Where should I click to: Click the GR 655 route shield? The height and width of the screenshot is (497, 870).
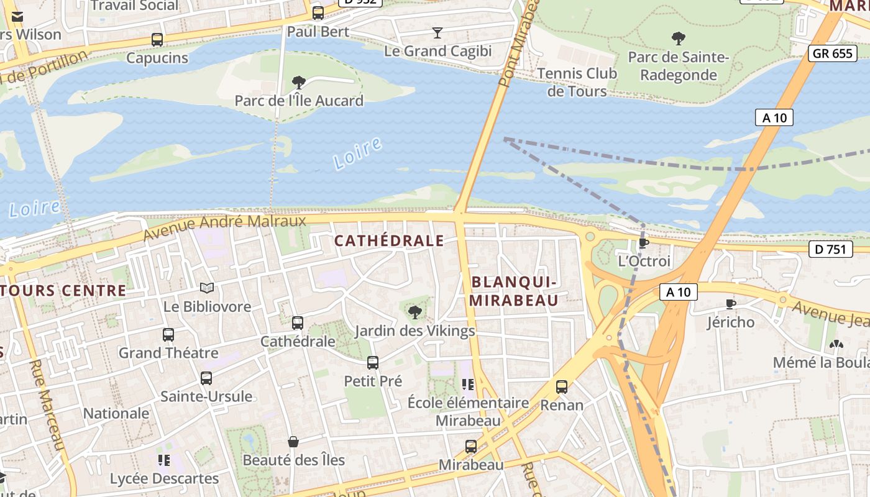[x=833, y=53]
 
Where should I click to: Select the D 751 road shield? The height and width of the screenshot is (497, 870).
[x=830, y=250]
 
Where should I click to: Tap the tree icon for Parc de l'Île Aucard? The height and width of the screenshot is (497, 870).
[x=299, y=82]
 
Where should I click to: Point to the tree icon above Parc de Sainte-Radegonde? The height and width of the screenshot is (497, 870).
[x=679, y=39]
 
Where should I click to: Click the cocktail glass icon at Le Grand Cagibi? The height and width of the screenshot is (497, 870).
[x=437, y=32]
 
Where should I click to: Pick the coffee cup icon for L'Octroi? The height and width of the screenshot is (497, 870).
[x=644, y=242]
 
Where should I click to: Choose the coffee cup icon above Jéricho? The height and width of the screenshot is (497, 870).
[x=731, y=304]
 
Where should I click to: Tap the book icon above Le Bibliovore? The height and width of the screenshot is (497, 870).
[x=207, y=288]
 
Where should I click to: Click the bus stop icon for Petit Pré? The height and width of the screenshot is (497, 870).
[x=373, y=363]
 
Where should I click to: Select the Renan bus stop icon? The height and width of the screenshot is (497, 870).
[x=562, y=387]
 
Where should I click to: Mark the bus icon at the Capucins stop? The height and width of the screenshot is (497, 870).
[x=157, y=40]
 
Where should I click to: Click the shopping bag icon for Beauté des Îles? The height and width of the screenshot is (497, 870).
[x=293, y=442]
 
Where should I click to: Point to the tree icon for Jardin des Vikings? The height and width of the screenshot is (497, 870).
[x=414, y=312]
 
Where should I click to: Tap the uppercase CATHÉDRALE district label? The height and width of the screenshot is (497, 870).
[x=390, y=241]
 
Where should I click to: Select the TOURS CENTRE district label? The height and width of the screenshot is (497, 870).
[x=63, y=290]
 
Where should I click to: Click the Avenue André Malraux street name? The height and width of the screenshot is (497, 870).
[x=224, y=227]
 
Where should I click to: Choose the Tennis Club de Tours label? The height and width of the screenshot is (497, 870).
[x=577, y=82]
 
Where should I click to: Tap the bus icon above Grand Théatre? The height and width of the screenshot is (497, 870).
[x=168, y=335]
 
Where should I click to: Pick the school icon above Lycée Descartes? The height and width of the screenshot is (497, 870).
[x=164, y=460]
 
